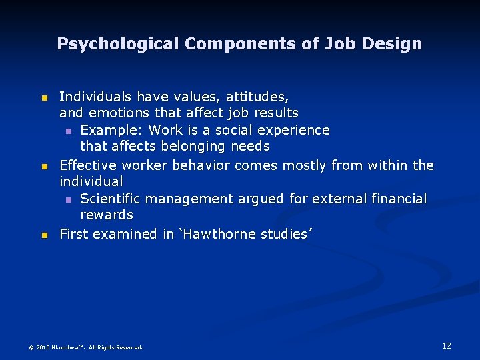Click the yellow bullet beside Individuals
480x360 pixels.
(x=44, y=98)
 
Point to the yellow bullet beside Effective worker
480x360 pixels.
(x=44, y=166)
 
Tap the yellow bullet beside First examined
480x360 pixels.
(x=44, y=235)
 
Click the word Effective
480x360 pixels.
(x=88, y=165)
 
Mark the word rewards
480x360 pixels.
(x=107, y=215)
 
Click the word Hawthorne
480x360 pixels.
(x=225, y=234)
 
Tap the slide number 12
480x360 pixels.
(x=447, y=345)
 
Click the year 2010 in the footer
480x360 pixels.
(x=43, y=347)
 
